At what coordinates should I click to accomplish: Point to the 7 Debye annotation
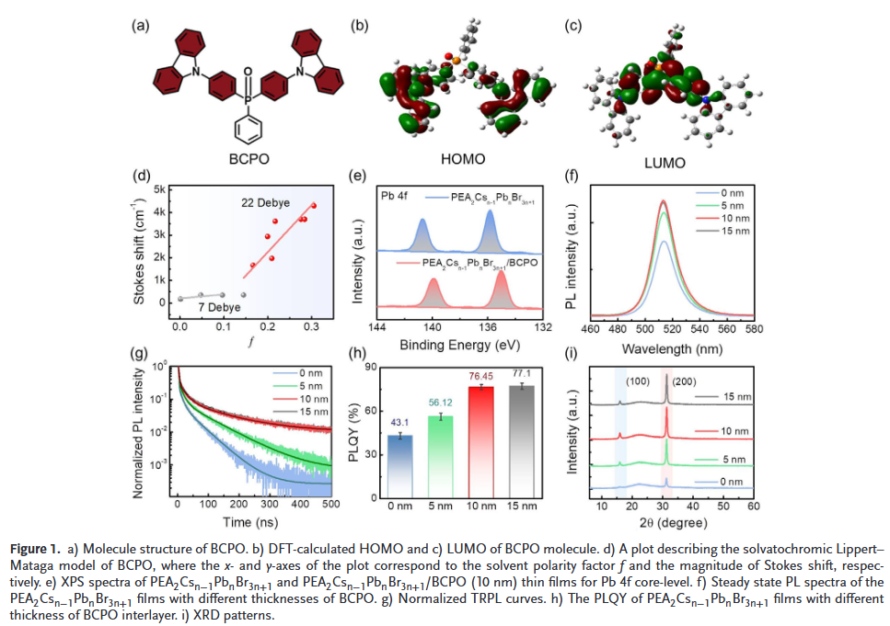point(207,306)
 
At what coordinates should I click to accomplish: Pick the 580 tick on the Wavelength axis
point(754,327)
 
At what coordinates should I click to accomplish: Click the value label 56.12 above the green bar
point(438,402)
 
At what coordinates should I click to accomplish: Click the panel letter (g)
point(139,354)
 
